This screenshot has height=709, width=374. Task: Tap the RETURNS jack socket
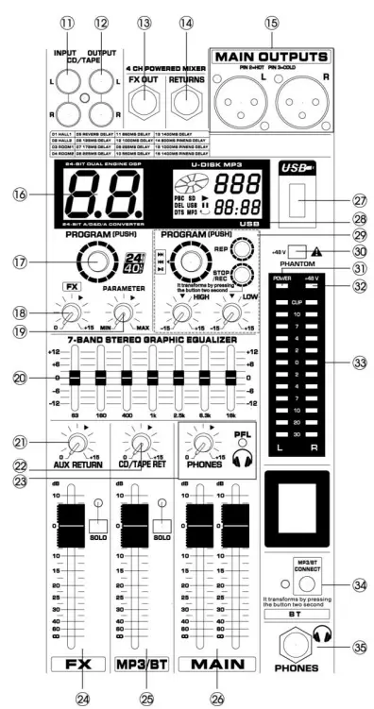click(186, 93)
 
